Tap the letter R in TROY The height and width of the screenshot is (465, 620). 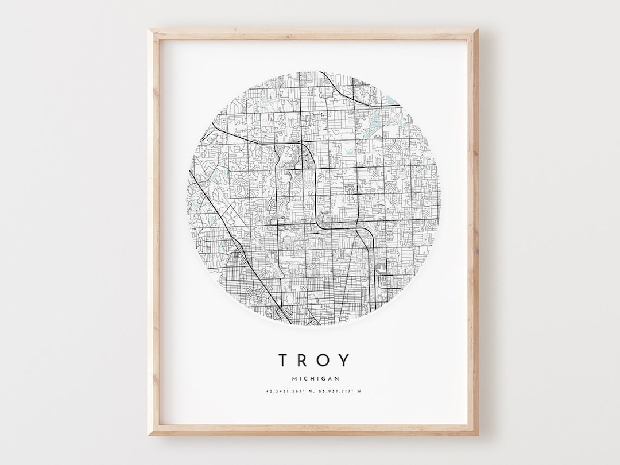click(304, 360)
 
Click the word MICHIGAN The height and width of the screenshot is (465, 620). click(315, 379)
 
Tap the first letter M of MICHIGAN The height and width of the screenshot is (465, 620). click(294, 379)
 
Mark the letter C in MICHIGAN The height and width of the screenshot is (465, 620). click(307, 379)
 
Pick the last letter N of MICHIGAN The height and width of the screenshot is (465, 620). click(337, 379)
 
